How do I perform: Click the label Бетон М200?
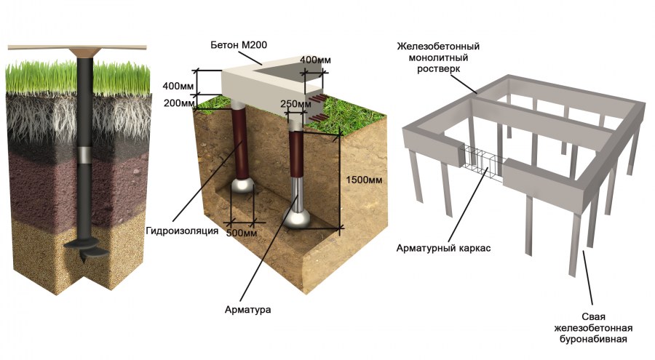239,45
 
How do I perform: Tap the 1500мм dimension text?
364,180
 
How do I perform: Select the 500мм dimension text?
242,232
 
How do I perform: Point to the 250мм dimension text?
295,103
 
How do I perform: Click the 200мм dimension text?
179,103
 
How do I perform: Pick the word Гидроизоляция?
182,231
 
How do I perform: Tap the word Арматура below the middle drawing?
247,310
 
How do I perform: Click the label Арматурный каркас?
443,249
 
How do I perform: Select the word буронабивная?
593,339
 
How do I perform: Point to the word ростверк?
438,69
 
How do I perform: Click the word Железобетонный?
438,46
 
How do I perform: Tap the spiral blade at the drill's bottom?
86,249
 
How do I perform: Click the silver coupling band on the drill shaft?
87,154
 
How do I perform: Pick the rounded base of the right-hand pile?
297,218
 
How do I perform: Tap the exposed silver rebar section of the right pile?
297,193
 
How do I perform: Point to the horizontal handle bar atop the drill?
77,47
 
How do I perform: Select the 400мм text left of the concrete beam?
178,87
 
